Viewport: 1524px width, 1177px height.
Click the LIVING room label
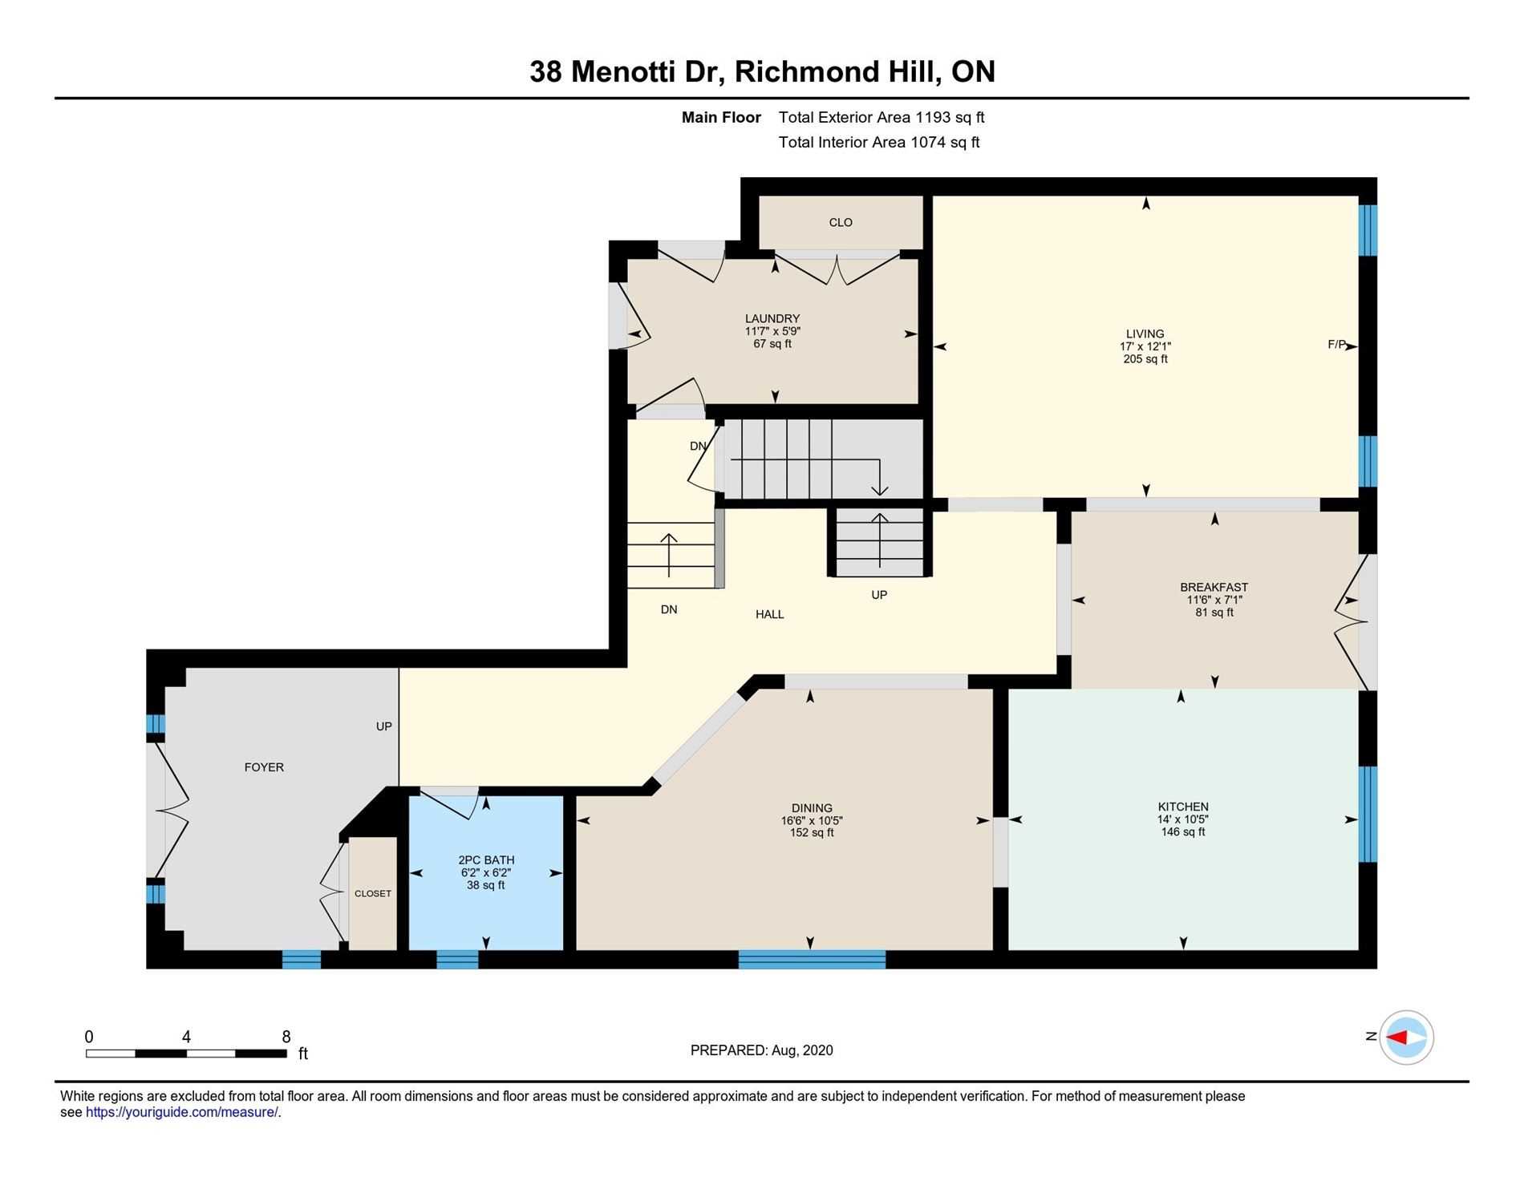click(1145, 334)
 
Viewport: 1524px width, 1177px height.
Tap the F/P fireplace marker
click(1336, 345)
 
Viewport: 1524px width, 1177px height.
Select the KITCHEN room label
click(1183, 807)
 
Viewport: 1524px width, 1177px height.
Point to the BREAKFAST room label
click(1214, 587)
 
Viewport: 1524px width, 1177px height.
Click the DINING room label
click(812, 808)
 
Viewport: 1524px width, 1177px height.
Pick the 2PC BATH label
click(486, 860)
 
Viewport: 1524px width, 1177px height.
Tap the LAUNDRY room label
click(772, 318)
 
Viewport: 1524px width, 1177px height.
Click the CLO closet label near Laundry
click(841, 222)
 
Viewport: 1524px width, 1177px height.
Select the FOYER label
click(264, 767)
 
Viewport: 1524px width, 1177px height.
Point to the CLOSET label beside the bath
click(373, 893)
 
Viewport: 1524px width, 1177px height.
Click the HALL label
click(769, 614)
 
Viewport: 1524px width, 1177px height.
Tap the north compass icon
click(1407, 1037)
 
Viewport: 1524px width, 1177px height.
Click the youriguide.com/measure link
click(182, 1112)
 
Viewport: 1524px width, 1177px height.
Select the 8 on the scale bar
click(286, 1036)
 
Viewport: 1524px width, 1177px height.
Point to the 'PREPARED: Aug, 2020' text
click(761, 1050)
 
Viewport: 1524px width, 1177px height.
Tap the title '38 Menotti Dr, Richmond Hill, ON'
click(762, 71)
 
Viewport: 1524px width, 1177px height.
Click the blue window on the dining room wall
click(812, 959)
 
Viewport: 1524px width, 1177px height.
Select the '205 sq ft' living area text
click(1145, 359)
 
